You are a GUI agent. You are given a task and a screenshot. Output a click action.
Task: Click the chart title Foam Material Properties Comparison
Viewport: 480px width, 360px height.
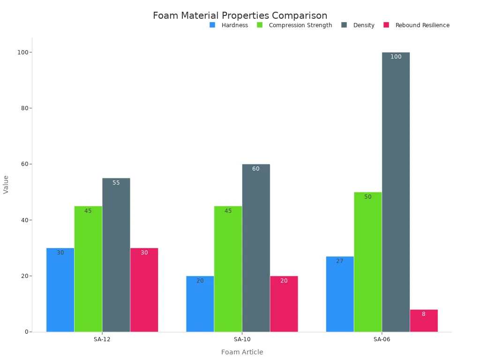click(x=240, y=15)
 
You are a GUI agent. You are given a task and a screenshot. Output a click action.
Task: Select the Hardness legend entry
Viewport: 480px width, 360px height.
click(x=229, y=25)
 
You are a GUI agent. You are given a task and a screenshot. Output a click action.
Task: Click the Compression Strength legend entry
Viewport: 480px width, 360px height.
click(x=295, y=25)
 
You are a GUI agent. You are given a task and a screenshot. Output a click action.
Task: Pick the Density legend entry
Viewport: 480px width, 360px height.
click(x=359, y=25)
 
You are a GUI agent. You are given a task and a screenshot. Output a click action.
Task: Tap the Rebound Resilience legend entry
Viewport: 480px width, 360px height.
click(x=417, y=25)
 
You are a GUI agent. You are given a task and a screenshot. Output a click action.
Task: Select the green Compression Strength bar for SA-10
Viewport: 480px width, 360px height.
click(x=228, y=269)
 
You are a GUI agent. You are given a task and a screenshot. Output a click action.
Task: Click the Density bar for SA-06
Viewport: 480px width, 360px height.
click(x=396, y=192)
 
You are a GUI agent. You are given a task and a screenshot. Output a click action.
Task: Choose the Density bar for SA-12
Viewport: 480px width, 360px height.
click(x=116, y=255)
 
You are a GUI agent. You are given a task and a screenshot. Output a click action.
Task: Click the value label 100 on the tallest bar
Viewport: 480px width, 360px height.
click(x=396, y=57)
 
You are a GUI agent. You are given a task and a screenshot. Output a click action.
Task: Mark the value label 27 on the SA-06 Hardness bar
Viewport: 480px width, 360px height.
click(x=339, y=261)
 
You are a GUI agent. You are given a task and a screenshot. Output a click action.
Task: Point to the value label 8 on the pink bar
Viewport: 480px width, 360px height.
click(x=423, y=314)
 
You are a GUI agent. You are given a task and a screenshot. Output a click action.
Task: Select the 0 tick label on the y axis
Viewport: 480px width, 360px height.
click(x=26, y=332)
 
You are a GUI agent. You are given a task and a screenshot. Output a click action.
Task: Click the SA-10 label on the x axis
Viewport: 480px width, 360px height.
click(x=242, y=339)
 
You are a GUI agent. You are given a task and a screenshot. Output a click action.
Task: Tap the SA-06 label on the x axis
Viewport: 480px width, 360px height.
click(x=382, y=339)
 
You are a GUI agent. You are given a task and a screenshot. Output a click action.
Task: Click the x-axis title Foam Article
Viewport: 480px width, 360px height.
click(x=242, y=352)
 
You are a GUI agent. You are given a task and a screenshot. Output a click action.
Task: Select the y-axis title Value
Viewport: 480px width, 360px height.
click(x=6, y=184)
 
